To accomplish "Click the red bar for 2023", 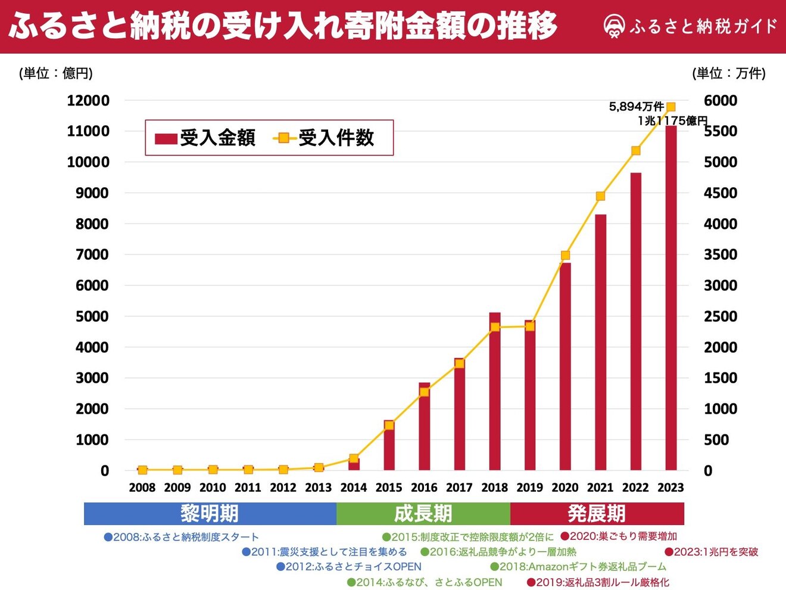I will pyautogui.click(x=670, y=298).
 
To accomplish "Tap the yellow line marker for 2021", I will pyautogui.click(x=600, y=196).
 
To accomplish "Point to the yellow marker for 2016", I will pyautogui.click(x=424, y=392).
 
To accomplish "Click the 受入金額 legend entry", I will pyautogui.click(x=205, y=138).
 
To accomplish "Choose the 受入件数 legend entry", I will pyautogui.click(x=324, y=138).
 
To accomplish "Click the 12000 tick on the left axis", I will pyautogui.click(x=88, y=101).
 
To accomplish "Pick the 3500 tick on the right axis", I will pyautogui.click(x=720, y=254).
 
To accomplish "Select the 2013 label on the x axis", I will pyautogui.click(x=318, y=487).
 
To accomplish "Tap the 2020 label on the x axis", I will pyautogui.click(x=565, y=487).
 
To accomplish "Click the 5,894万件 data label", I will pyautogui.click(x=636, y=107).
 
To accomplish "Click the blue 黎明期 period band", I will pyautogui.click(x=210, y=514).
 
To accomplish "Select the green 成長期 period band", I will pyautogui.click(x=423, y=514).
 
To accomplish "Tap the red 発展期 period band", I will pyautogui.click(x=597, y=514).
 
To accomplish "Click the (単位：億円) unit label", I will pyautogui.click(x=56, y=73).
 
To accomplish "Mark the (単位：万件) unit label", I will pyautogui.click(x=729, y=73).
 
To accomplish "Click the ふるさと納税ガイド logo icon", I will pyautogui.click(x=613, y=27).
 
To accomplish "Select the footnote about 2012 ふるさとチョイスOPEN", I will pyautogui.click(x=349, y=567).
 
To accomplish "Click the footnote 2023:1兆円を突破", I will pyautogui.click(x=712, y=552).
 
